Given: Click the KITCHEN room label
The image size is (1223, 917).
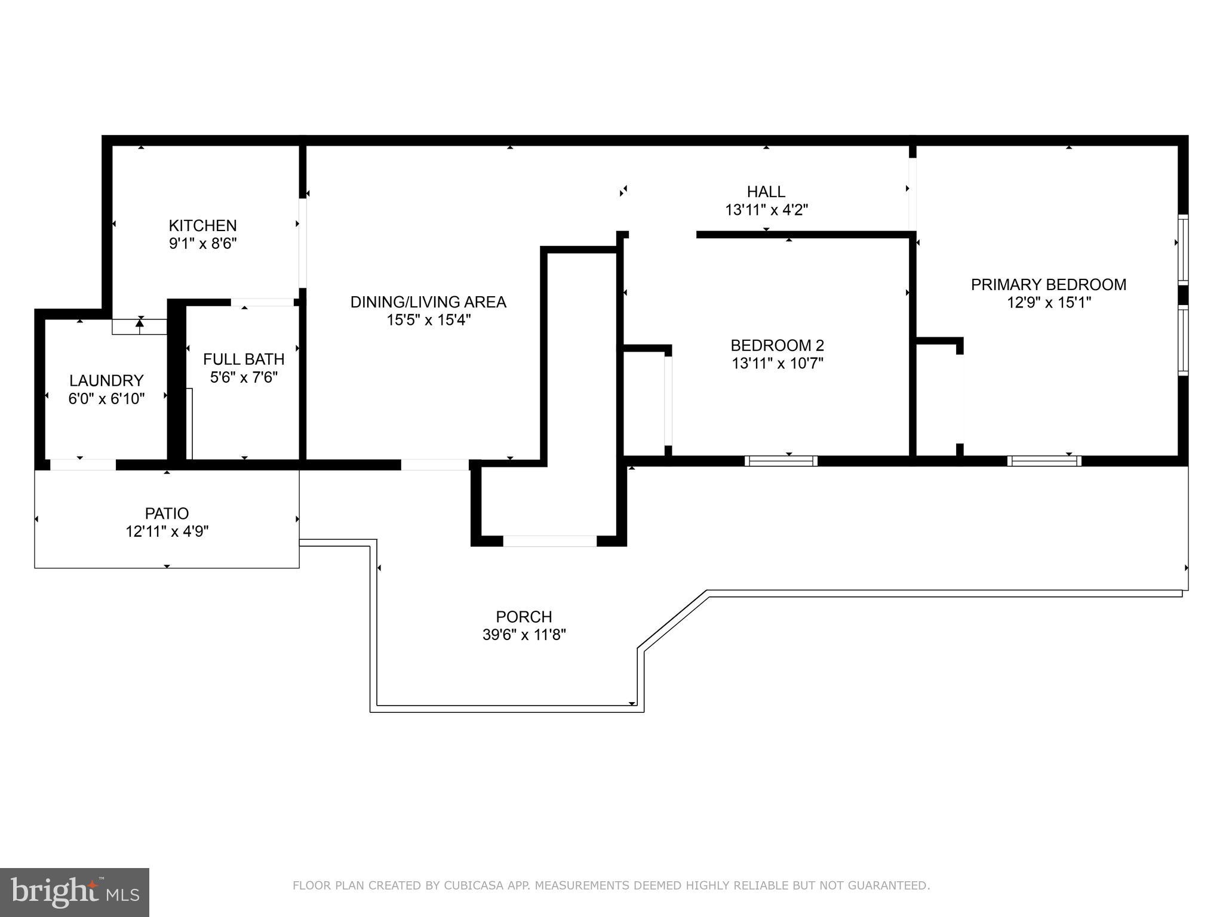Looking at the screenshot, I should [x=202, y=226].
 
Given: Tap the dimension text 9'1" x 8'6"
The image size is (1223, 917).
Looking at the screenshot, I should [x=202, y=244].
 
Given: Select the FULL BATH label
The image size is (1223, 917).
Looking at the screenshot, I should [x=244, y=359].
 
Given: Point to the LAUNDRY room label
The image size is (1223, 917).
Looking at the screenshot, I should [x=106, y=381].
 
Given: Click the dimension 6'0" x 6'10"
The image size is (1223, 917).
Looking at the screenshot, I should [x=106, y=399].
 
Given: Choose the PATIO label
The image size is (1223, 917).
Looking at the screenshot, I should [x=167, y=513].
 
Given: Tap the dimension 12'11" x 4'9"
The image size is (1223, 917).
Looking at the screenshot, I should [x=167, y=531].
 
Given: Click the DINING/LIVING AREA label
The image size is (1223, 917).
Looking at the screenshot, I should [x=428, y=302].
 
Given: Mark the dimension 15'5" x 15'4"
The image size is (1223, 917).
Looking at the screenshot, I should [x=428, y=320].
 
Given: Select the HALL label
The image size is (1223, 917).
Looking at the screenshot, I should [x=766, y=192].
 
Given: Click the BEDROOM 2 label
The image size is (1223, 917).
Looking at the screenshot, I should [x=777, y=346].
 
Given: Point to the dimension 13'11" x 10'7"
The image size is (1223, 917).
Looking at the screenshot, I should [x=777, y=364].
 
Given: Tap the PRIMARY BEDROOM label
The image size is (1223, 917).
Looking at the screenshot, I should [x=1048, y=285].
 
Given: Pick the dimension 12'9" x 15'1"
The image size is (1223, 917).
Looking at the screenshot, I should [x=1048, y=303].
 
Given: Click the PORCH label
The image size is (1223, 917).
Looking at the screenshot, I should [x=524, y=617].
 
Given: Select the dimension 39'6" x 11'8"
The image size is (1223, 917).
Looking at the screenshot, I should [x=524, y=635].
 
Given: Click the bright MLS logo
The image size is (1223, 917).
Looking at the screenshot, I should [x=75, y=893].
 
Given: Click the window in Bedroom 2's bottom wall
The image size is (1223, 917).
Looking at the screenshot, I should [x=781, y=460].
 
